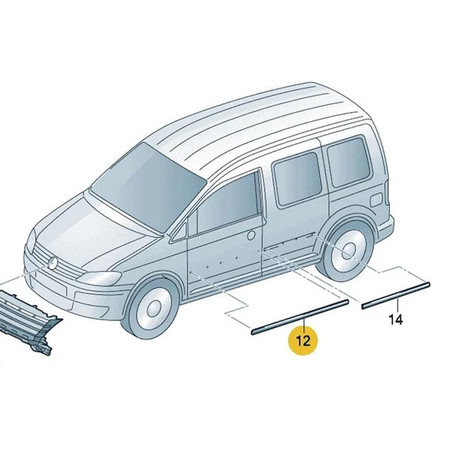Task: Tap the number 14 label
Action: (395, 320)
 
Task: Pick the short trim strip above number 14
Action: (395, 293)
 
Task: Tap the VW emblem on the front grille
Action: (54, 263)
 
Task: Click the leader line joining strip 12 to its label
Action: (303, 323)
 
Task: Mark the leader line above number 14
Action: (395, 304)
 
